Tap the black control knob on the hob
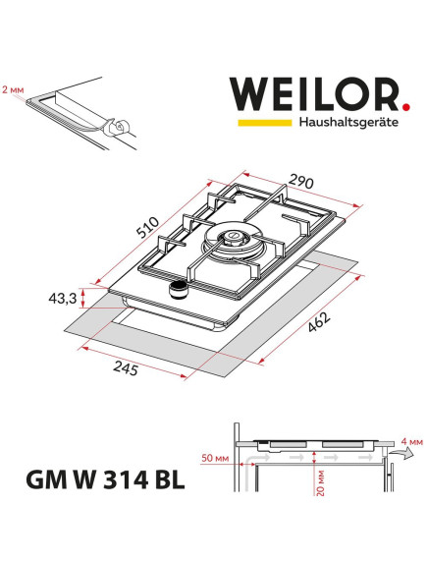pyautogui.click(x=179, y=287)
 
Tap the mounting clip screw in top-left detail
pyautogui.click(x=118, y=126)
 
